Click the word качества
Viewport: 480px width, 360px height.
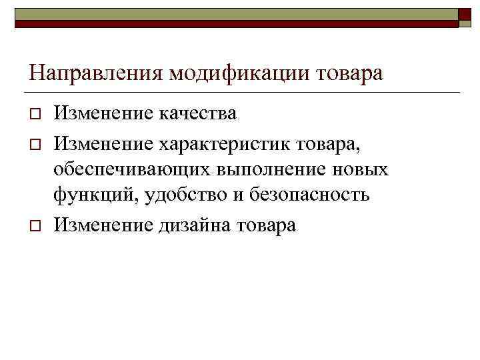pyautogui.click(x=197, y=113)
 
